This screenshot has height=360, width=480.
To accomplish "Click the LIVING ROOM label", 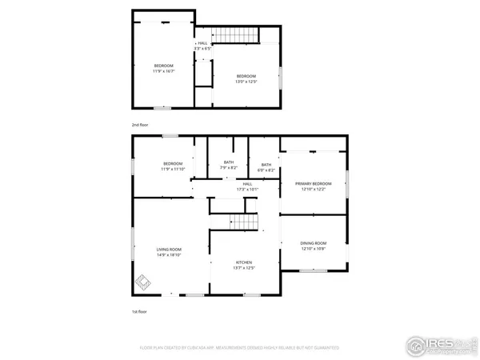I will tap(169, 250).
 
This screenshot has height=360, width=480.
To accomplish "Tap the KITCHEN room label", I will tap(244, 262).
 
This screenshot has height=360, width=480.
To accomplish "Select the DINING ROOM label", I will tap(313, 243).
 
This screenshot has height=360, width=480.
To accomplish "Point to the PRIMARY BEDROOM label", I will tap(313, 183).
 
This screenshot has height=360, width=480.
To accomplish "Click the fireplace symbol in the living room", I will tap(143, 282).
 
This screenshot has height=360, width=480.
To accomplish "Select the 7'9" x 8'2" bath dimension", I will tap(229, 167).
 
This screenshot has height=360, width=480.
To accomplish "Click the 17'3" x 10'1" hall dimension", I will tap(247, 190).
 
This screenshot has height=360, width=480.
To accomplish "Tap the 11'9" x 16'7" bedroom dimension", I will tap(163, 70).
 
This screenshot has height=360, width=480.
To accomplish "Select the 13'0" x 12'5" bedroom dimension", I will tap(246, 81).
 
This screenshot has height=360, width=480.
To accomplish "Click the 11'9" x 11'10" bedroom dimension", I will tap(173, 169).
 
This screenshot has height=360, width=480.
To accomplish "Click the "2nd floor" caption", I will tap(140, 125).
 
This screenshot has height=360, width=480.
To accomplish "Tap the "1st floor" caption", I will tap(139, 311).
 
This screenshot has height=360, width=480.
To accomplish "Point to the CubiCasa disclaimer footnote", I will tap(239, 348).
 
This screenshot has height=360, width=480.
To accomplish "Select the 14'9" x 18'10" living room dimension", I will tap(169, 255).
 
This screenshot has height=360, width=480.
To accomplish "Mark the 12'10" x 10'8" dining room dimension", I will tap(313, 249).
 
